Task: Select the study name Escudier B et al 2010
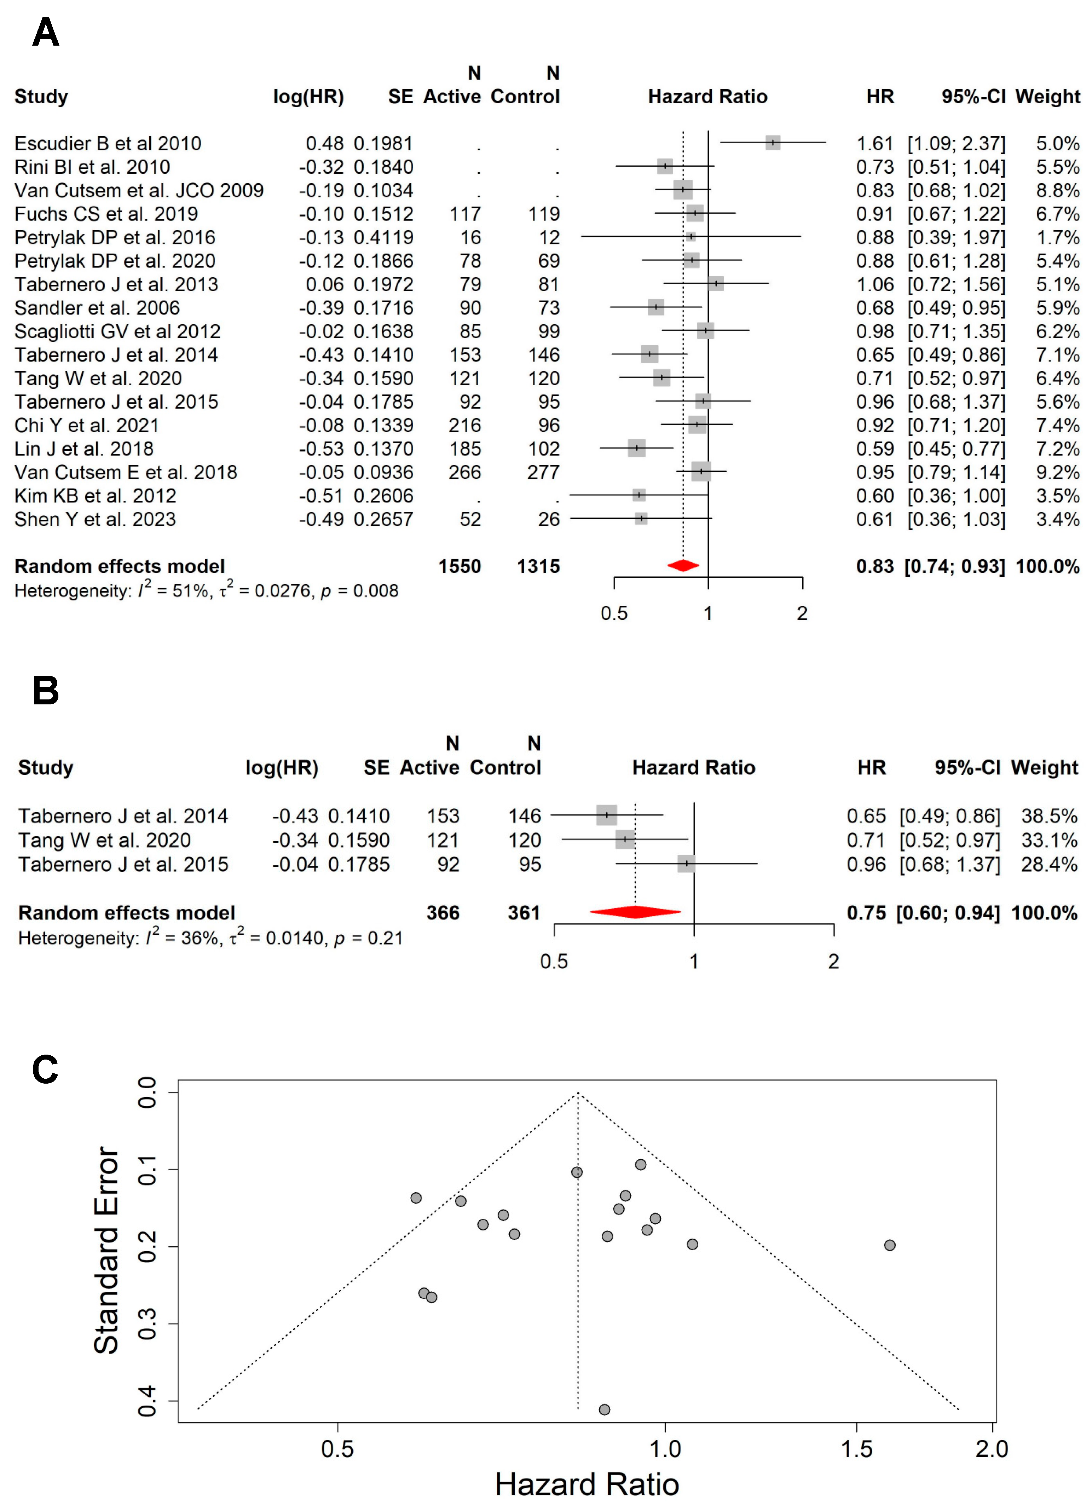tap(107, 143)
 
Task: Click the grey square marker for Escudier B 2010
tap(772, 143)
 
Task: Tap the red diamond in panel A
tap(683, 566)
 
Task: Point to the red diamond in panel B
tap(635, 912)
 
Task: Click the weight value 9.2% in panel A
tap(1057, 472)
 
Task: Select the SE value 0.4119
tap(383, 237)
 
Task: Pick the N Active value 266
tap(464, 472)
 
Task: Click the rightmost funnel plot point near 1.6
tap(889, 1245)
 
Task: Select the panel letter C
tap(45, 1069)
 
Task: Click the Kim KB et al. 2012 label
tap(95, 496)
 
